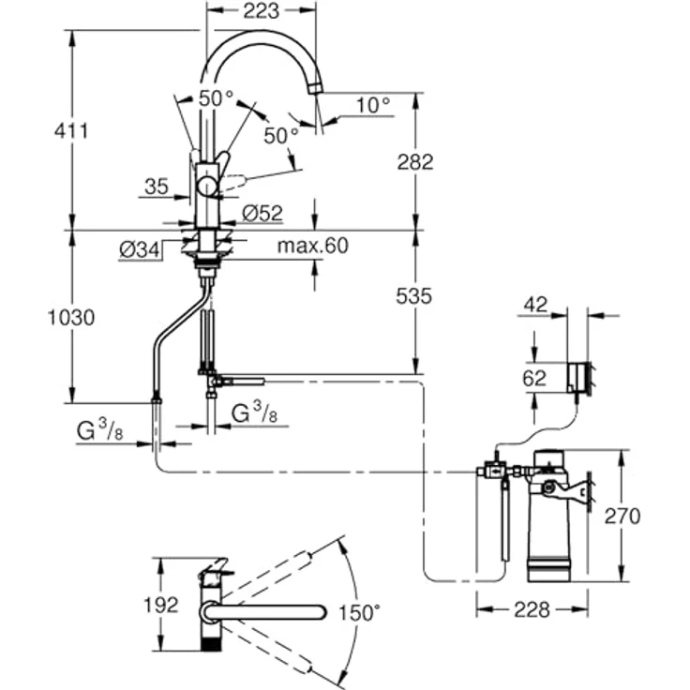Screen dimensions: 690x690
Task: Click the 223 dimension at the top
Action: coord(261,10)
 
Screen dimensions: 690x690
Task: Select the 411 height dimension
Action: coord(71,130)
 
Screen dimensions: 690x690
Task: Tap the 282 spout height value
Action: coord(415,161)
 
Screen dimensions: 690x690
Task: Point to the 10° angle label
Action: coord(373,105)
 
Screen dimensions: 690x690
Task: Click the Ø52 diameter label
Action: coord(262,214)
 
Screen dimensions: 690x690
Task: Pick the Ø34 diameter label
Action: coord(139,250)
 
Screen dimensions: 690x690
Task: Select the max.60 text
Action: coord(312,246)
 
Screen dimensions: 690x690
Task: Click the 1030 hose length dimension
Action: coord(71,317)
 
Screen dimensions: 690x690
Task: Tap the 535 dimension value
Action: coord(413,296)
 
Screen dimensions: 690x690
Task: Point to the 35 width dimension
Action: coord(157,187)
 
